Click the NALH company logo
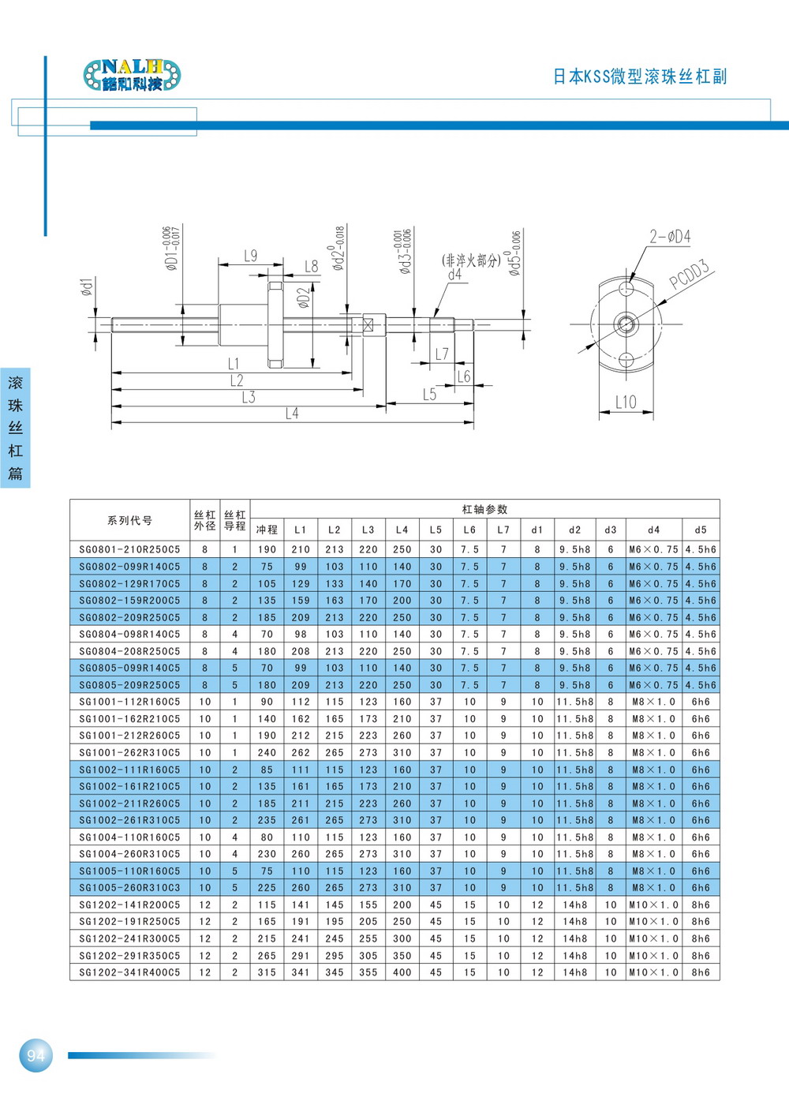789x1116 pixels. click(x=132, y=75)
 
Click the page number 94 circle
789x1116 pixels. click(x=36, y=1055)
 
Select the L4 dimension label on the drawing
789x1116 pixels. click(x=292, y=413)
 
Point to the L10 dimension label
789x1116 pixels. click(x=626, y=402)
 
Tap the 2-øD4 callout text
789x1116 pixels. click(x=671, y=236)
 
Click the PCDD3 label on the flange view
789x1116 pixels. click(x=689, y=274)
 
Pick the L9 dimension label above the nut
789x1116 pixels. click(x=251, y=256)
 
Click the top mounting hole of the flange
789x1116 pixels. click(x=626, y=289)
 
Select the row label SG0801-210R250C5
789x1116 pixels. click(x=129, y=549)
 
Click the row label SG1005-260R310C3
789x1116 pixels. click(x=129, y=887)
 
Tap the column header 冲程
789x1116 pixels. click(x=267, y=529)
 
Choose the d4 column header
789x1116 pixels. click(x=653, y=530)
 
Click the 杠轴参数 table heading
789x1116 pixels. click(x=484, y=509)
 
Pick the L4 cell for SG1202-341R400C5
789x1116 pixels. click(x=402, y=972)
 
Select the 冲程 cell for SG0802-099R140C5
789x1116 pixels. click(x=267, y=567)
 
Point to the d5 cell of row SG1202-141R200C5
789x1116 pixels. click(x=701, y=904)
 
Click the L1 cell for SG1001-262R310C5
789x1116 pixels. click(x=301, y=752)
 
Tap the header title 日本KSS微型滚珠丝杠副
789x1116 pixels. click(x=640, y=77)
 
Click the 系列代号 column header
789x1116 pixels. click(x=129, y=520)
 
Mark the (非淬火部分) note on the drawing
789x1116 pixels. click(x=471, y=260)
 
